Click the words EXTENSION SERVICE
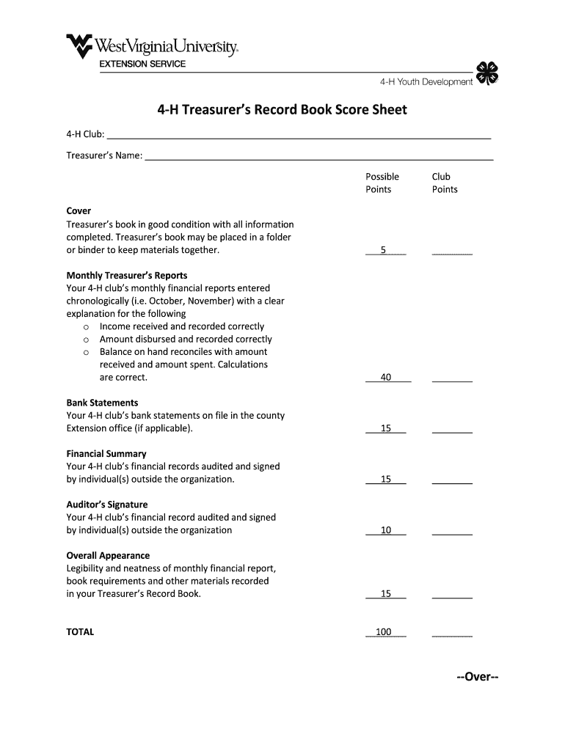point(143,65)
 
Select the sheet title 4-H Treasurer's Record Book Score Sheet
point(282,110)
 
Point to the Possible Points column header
point(382,183)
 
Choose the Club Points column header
point(445,183)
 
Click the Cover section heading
point(79,211)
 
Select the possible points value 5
point(383,250)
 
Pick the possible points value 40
point(386,378)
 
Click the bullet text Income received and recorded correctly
point(182,326)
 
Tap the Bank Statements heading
point(102,403)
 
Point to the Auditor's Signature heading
point(107,505)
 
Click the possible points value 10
point(386,530)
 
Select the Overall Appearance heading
point(108,556)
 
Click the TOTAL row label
point(81,632)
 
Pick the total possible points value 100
point(384,632)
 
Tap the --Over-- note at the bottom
point(477,677)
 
